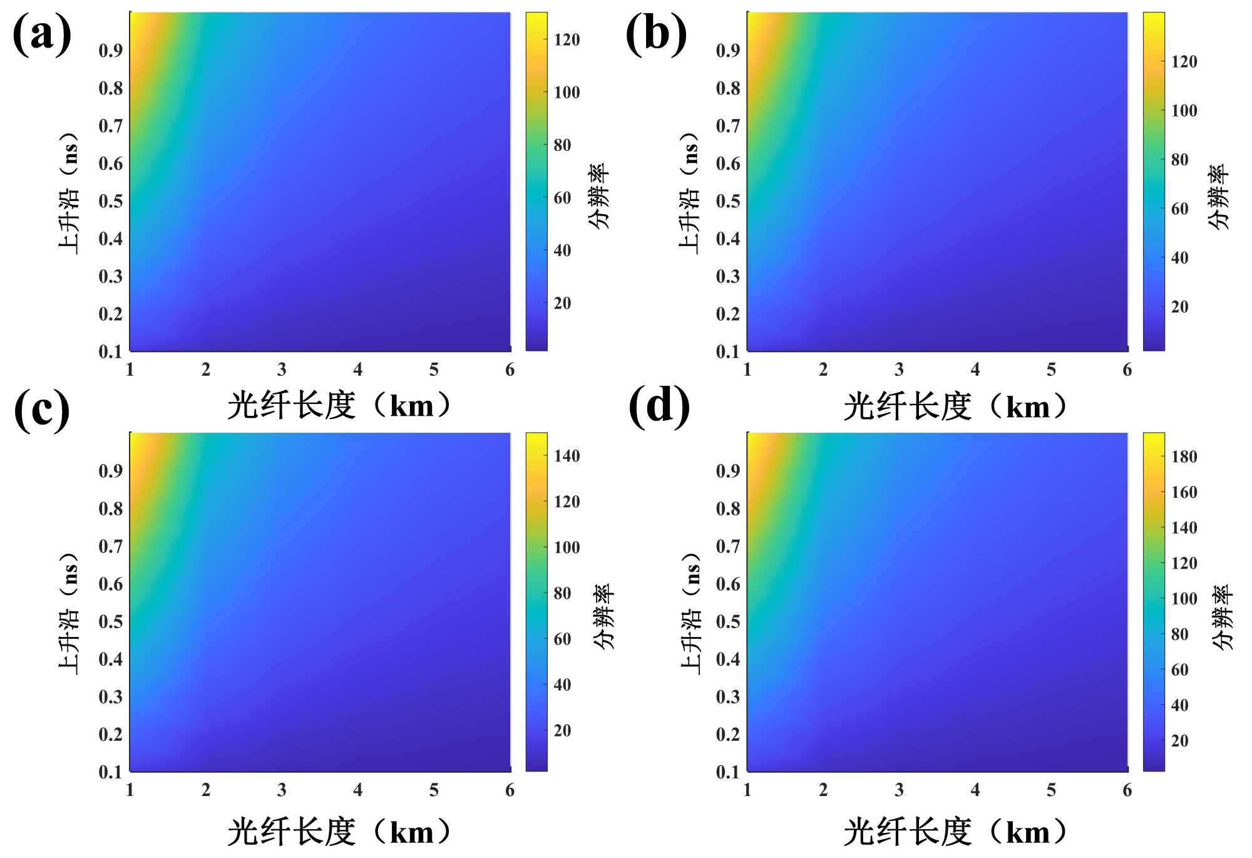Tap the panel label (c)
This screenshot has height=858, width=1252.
point(42,410)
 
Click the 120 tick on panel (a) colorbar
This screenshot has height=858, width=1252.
point(567,40)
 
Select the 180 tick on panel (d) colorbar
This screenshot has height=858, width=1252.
point(1184,457)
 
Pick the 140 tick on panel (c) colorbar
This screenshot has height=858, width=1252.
point(567,456)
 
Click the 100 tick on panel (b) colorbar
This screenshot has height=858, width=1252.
point(1184,111)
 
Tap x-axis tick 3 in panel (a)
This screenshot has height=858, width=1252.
point(282,370)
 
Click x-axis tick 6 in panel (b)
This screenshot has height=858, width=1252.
point(1127,370)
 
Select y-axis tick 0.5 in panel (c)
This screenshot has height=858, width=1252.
point(111,622)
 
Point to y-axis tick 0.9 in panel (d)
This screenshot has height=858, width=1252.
point(728,471)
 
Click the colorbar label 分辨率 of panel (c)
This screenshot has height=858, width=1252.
point(603,616)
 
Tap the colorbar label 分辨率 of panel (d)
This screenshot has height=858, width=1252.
point(1221,617)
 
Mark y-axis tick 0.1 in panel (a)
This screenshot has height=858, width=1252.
point(111,351)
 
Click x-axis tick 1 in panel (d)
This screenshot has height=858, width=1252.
point(747,790)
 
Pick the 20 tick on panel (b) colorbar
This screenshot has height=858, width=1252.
point(1179,307)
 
